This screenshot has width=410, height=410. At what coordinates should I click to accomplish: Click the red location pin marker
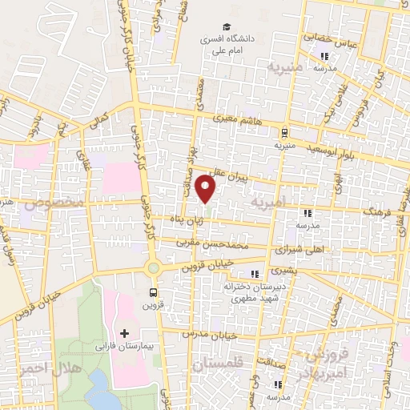point(207,189)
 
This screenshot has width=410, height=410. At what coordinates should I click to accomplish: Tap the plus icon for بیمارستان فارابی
point(123,332)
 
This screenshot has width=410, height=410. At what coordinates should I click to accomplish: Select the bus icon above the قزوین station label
point(153,292)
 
